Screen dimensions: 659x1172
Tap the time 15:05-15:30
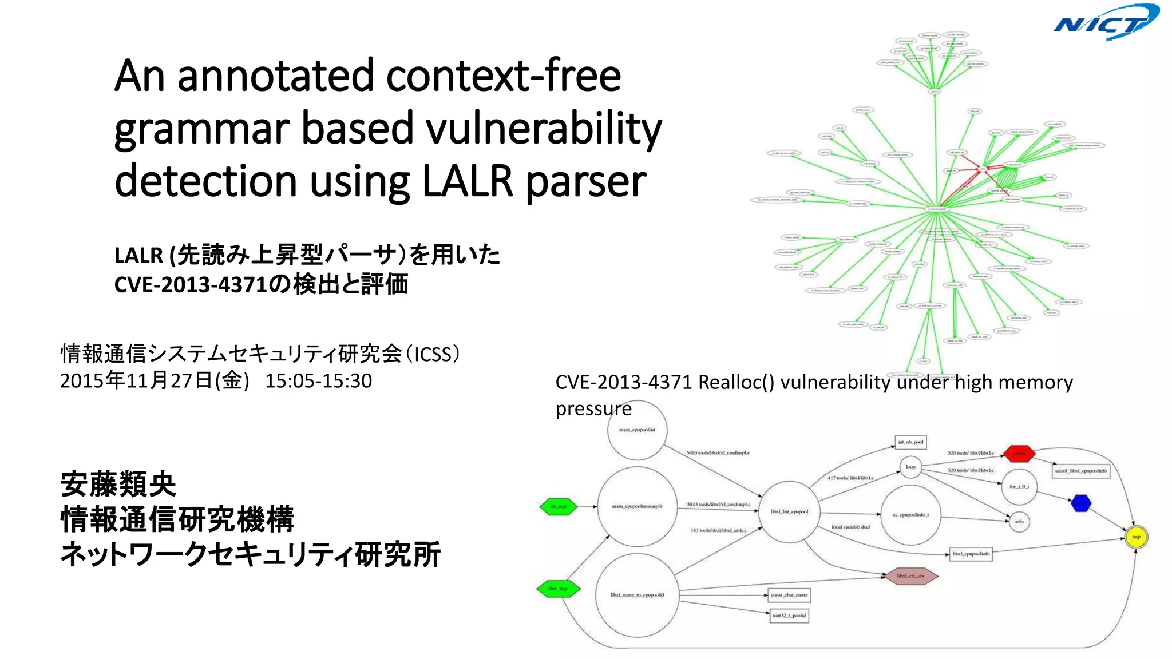318,381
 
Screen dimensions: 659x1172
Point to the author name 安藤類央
118,485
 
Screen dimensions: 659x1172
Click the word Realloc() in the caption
736,382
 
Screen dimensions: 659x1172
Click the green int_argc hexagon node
559,506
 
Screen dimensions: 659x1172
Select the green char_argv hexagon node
558,588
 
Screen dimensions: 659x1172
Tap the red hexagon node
1019,454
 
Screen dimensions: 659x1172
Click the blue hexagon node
1080,503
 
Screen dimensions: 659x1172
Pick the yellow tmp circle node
1136,537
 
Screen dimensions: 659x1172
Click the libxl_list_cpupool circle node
789,511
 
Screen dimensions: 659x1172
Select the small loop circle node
910,467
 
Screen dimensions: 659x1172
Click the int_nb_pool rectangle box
910,442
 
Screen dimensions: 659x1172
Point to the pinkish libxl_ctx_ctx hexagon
910,575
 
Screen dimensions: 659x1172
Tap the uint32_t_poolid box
789,616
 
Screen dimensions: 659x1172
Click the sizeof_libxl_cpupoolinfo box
1081,471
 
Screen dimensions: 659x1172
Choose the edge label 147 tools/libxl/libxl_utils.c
718,530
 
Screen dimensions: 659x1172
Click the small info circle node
1019,521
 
